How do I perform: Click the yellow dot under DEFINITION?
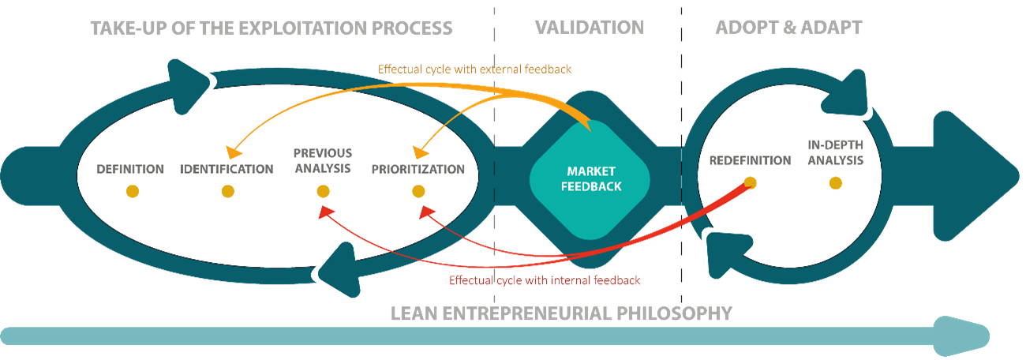(132, 191)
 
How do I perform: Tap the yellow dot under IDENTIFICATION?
(227, 191)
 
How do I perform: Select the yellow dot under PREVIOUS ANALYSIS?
(323, 191)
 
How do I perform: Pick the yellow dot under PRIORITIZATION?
(418, 191)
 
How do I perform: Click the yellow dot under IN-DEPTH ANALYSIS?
(836, 183)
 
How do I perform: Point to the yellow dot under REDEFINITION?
(750, 183)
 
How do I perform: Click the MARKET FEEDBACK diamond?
(588, 179)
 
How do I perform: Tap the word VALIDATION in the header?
(589, 28)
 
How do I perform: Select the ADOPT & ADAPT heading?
(788, 28)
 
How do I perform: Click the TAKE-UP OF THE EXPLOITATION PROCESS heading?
(271, 28)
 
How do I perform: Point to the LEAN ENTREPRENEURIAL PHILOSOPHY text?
(561, 313)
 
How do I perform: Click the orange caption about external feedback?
(474, 69)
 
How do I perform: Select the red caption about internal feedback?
(544, 280)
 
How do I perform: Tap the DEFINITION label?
(130, 169)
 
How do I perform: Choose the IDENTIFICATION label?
(227, 169)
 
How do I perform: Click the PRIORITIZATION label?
(418, 169)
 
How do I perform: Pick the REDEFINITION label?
(750, 160)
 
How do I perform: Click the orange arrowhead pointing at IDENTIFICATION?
(231, 150)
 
